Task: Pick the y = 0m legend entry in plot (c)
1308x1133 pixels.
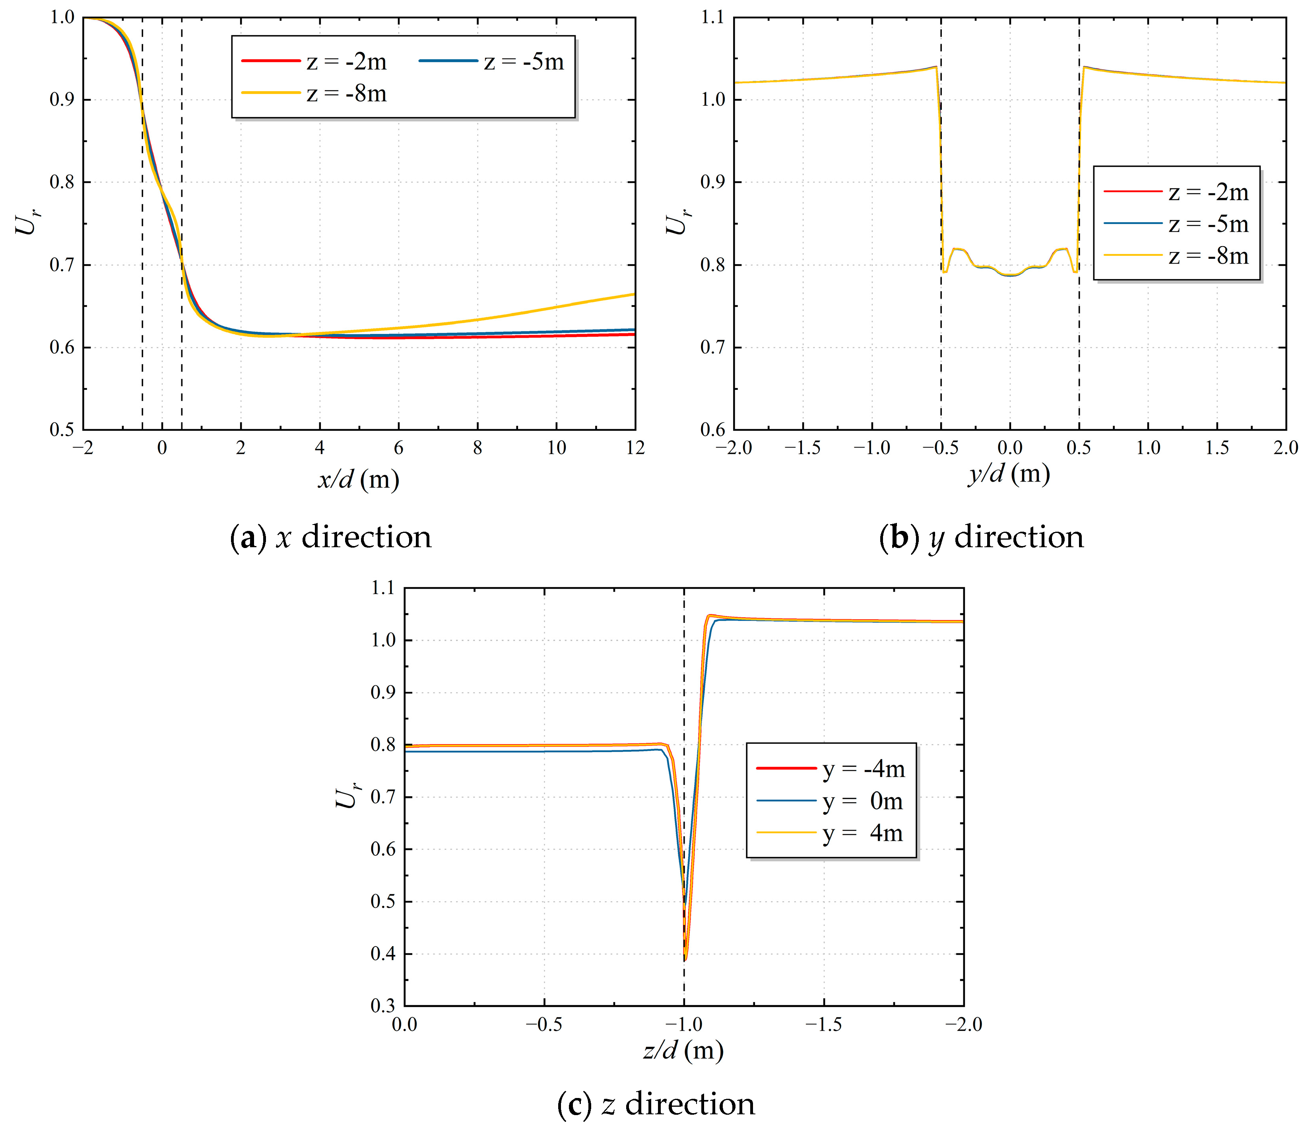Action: [x=829, y=801]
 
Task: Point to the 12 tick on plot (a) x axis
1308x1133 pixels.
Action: [x=635, y=448]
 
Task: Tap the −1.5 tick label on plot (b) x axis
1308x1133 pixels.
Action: [x=802, y=448]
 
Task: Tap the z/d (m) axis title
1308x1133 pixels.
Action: [x=683, y=1050]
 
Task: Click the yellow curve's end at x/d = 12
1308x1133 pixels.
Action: [x=633, y=294]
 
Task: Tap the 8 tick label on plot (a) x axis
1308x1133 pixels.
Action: [x=477, y=448]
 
